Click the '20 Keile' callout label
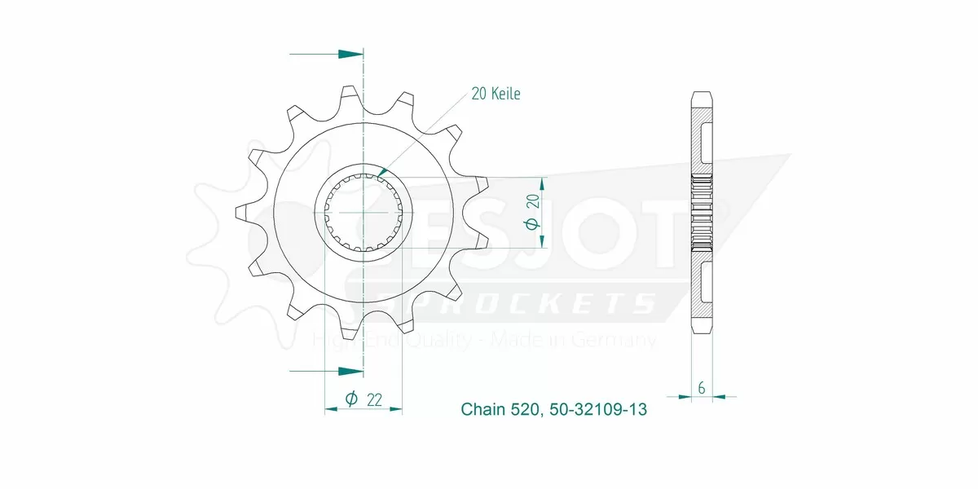(x=496, y=94)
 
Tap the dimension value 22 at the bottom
(x=375, y=399)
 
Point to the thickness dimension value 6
(x=702, y=388)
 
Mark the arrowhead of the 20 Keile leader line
(x=381, y=172)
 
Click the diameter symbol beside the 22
(x=350, y=399)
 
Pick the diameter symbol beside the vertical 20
(x=533, y=223)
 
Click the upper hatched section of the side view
(x=702, y=139)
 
